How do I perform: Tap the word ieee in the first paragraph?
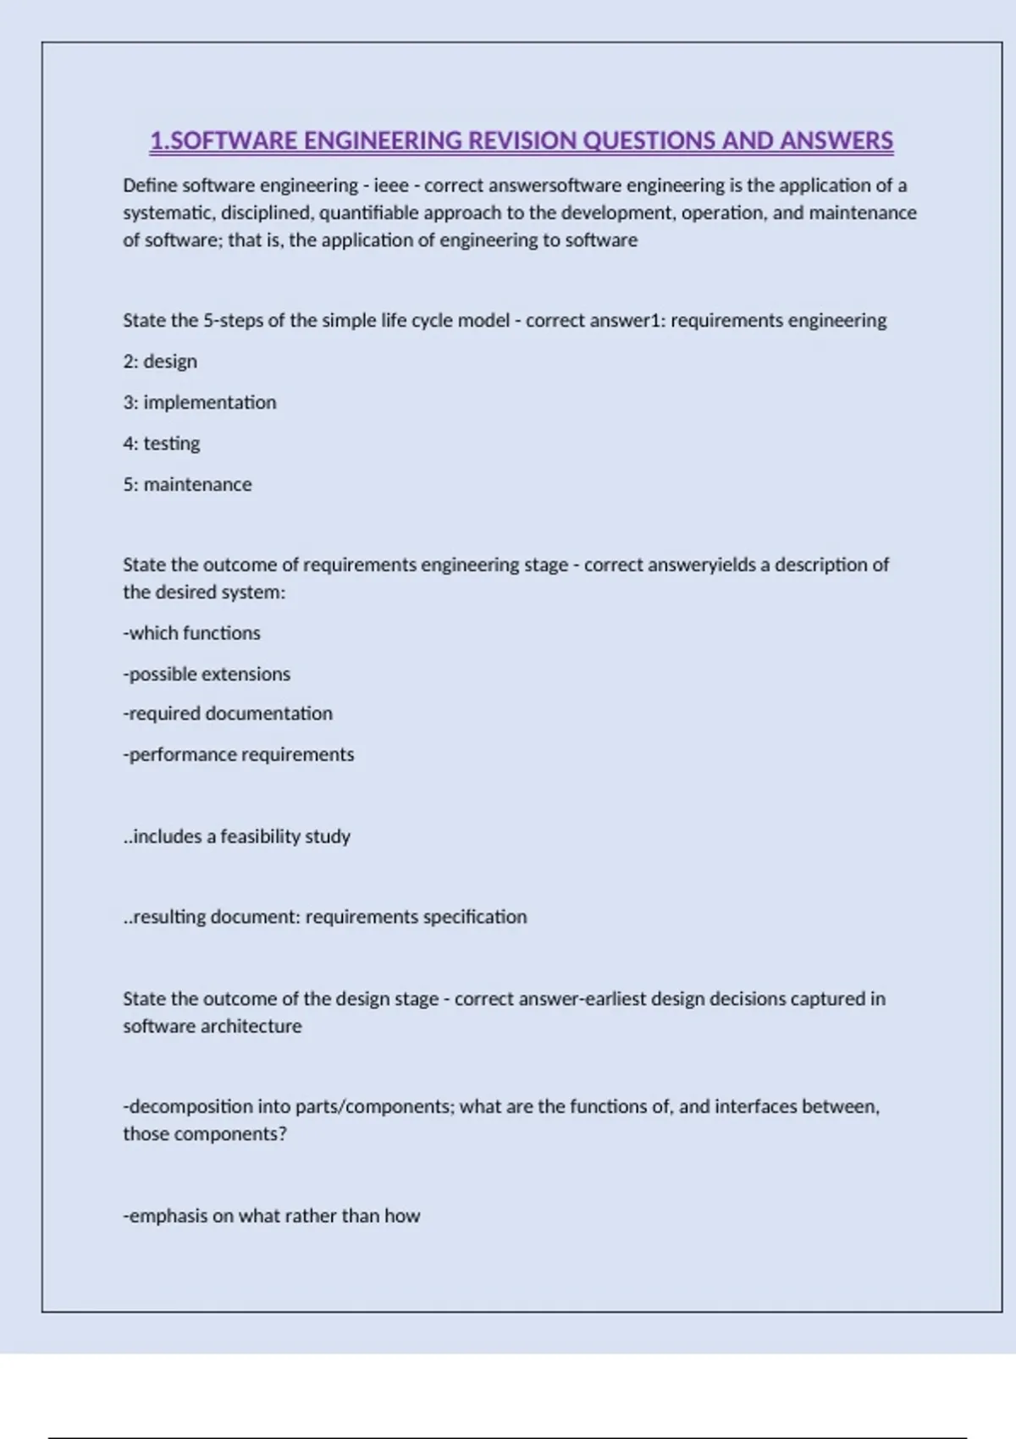click(x=391, y=185)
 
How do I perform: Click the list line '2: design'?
click(x=160, y=361)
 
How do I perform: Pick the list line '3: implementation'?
click(x=200, y=402)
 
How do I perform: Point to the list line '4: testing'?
click(x=162, y=444)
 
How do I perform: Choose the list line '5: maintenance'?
click(x=187, y=484)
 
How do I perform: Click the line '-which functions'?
click(x=191, y=633)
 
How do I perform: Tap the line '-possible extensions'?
click(x=207, y=674)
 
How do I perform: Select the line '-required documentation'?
click(x=228, y=714)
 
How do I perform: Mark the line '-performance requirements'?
click(x=239, y=754)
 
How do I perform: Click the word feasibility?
click(x=260, y=836)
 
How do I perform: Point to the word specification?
click(x=475, y=917)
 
